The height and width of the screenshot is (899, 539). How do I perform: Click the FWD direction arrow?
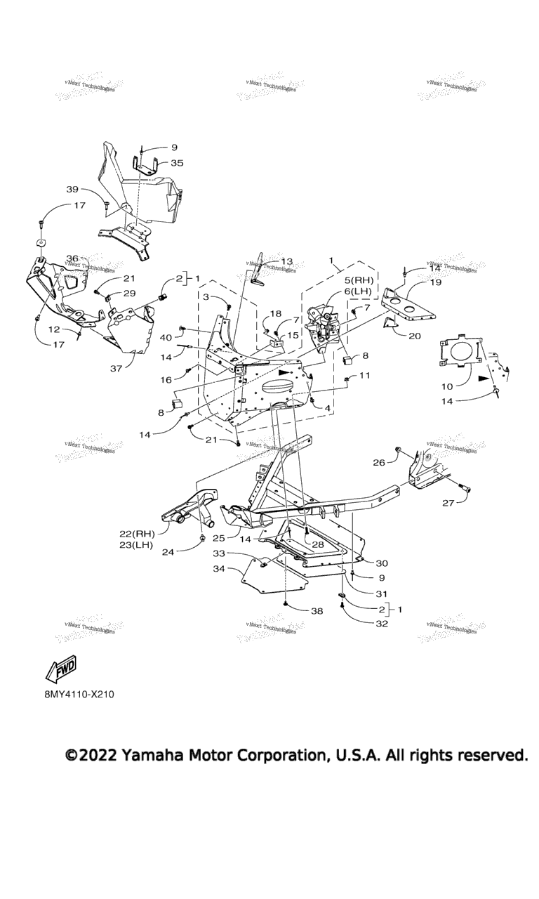(x=61, y=670)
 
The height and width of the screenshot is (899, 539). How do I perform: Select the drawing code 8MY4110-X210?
(x=78, y=694)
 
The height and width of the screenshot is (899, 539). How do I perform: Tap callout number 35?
(x=176, y=162)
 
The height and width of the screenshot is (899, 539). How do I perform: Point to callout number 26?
(x=378, y=462)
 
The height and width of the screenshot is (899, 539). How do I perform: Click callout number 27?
(x=448, y=503)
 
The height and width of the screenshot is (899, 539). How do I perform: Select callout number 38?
(x=317, y=611)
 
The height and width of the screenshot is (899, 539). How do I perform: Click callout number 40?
(x=166, y=337)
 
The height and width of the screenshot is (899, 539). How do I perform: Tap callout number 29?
(x=130, y=293)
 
